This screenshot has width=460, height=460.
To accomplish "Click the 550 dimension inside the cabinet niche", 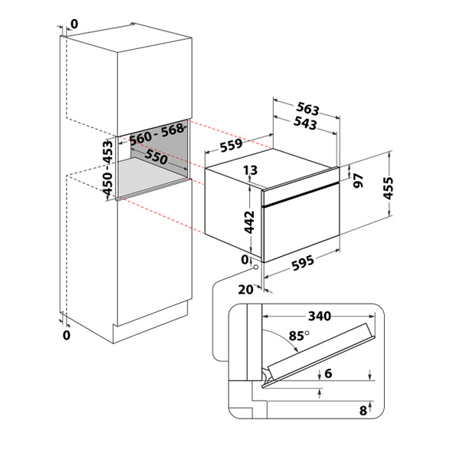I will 156,157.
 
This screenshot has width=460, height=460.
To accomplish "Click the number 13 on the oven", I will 250,170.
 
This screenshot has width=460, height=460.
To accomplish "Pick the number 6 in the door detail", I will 328,373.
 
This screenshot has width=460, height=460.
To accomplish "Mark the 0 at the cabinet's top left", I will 74,25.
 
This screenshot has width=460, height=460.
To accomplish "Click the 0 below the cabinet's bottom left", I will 67,335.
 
